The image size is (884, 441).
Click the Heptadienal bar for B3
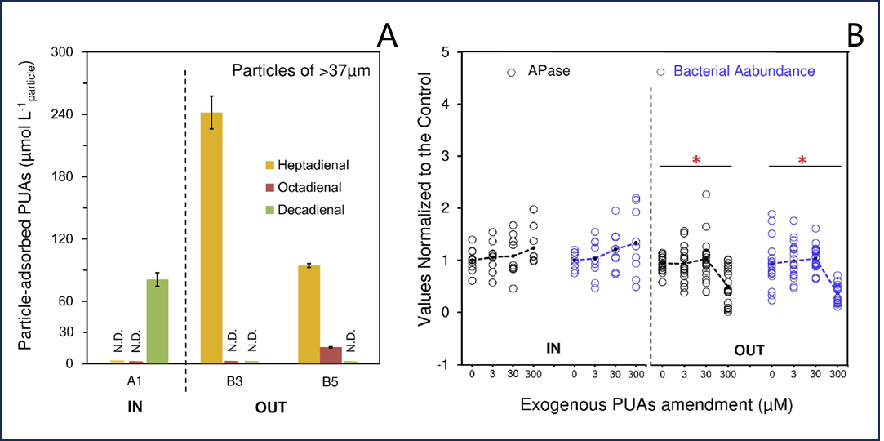(212, 237)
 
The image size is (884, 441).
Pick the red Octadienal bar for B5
(331, 355)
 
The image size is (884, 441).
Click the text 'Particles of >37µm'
(301, 70)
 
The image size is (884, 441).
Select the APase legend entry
(540, 71)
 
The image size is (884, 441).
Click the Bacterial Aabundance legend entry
(735, 71)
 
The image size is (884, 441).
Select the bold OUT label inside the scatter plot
(749, 350)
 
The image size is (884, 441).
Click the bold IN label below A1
(135, 406)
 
